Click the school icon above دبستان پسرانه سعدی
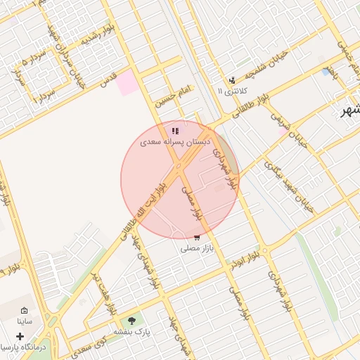point(175,131)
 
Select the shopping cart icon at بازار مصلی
point(196,237)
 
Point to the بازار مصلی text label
point(196,248)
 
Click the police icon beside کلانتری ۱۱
point(232,80)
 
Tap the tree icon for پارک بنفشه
point(132,321)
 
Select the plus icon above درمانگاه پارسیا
point(20,336)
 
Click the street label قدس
point(108,81)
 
